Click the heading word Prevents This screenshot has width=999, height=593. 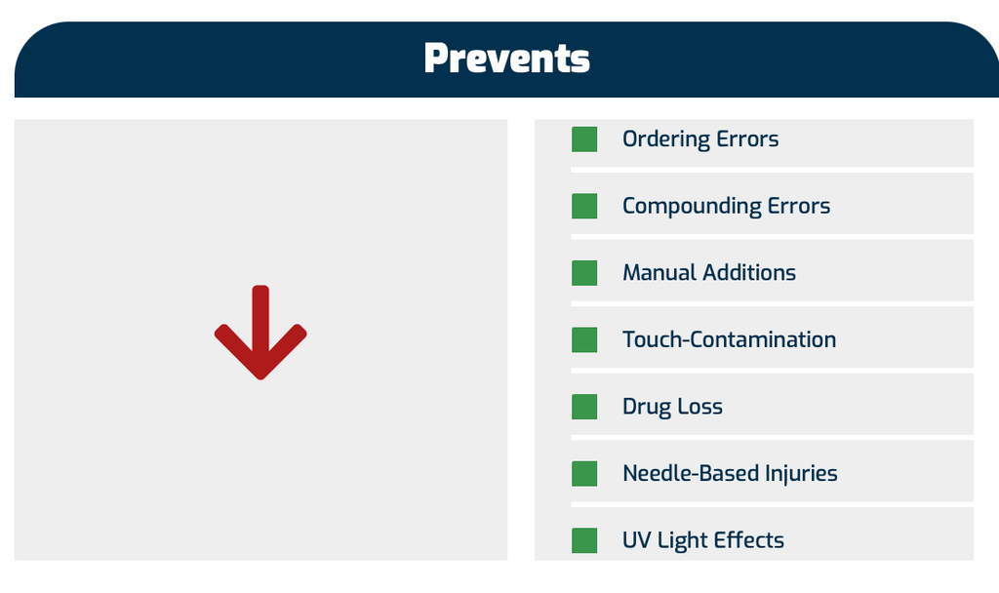506,59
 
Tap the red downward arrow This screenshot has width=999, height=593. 260,332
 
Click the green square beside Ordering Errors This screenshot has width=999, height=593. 584,139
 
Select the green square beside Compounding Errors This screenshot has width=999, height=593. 584,207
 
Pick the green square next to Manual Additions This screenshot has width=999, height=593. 584,273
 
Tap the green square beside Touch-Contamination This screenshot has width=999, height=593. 584,340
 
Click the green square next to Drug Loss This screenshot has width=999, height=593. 584,407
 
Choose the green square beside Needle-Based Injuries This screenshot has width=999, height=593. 584,474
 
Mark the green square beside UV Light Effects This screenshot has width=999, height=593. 584,540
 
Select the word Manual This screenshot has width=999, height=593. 659,273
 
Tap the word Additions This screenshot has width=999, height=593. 749,273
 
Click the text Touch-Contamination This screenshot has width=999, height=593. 730,339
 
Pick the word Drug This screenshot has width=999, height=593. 646,408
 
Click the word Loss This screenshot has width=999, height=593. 699,407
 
